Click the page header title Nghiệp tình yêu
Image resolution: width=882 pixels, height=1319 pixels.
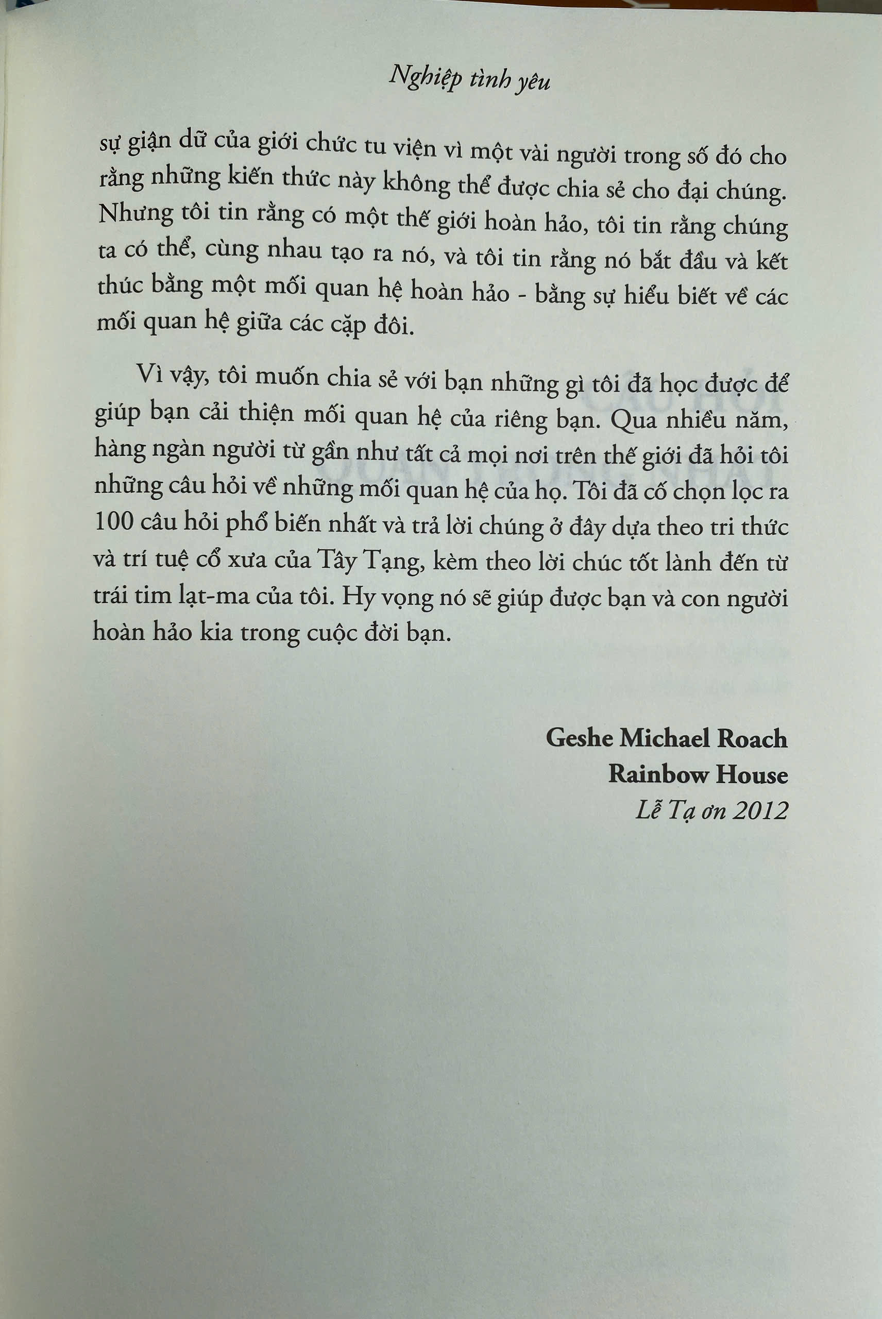(x=469, y=79)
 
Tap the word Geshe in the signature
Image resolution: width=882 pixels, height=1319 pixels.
(x=580, y=737)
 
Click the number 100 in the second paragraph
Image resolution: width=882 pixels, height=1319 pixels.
(x=114, y=521)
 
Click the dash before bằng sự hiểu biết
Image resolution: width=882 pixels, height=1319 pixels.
(x=523, y=293)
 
